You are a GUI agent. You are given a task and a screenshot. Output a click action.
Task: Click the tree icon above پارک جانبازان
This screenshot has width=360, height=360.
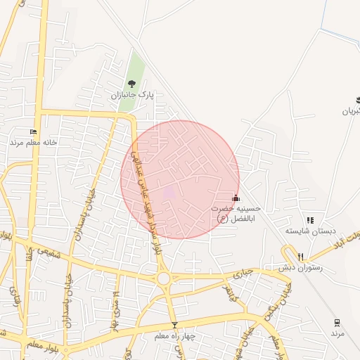tap(131, 85)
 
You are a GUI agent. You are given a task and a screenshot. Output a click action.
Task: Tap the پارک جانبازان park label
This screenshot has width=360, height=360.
tap(131, 94)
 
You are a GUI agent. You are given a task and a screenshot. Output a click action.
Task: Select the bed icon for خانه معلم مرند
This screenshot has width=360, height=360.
tap(33, 132)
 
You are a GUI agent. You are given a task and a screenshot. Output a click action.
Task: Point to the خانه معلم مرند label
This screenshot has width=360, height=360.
tap(31, 142)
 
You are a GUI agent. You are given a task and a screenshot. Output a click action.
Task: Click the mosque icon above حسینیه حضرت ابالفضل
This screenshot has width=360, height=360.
tap(236, 198)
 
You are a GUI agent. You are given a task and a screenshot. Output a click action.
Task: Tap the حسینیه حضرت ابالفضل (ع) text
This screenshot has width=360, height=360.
tap(237, 214)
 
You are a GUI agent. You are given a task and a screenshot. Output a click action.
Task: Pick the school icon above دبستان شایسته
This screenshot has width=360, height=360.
tap(310, 220)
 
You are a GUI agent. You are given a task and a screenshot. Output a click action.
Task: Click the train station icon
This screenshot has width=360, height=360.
tap(337, 322)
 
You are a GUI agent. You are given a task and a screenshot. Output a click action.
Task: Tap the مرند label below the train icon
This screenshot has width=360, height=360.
tap(338, 333)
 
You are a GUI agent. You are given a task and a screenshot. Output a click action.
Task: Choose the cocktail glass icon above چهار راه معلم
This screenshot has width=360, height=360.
tap(174, 325)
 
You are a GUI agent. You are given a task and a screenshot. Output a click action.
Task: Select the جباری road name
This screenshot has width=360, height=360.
tap(243, 272)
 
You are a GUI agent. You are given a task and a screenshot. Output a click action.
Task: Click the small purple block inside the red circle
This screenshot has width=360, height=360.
tap(169, 191)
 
